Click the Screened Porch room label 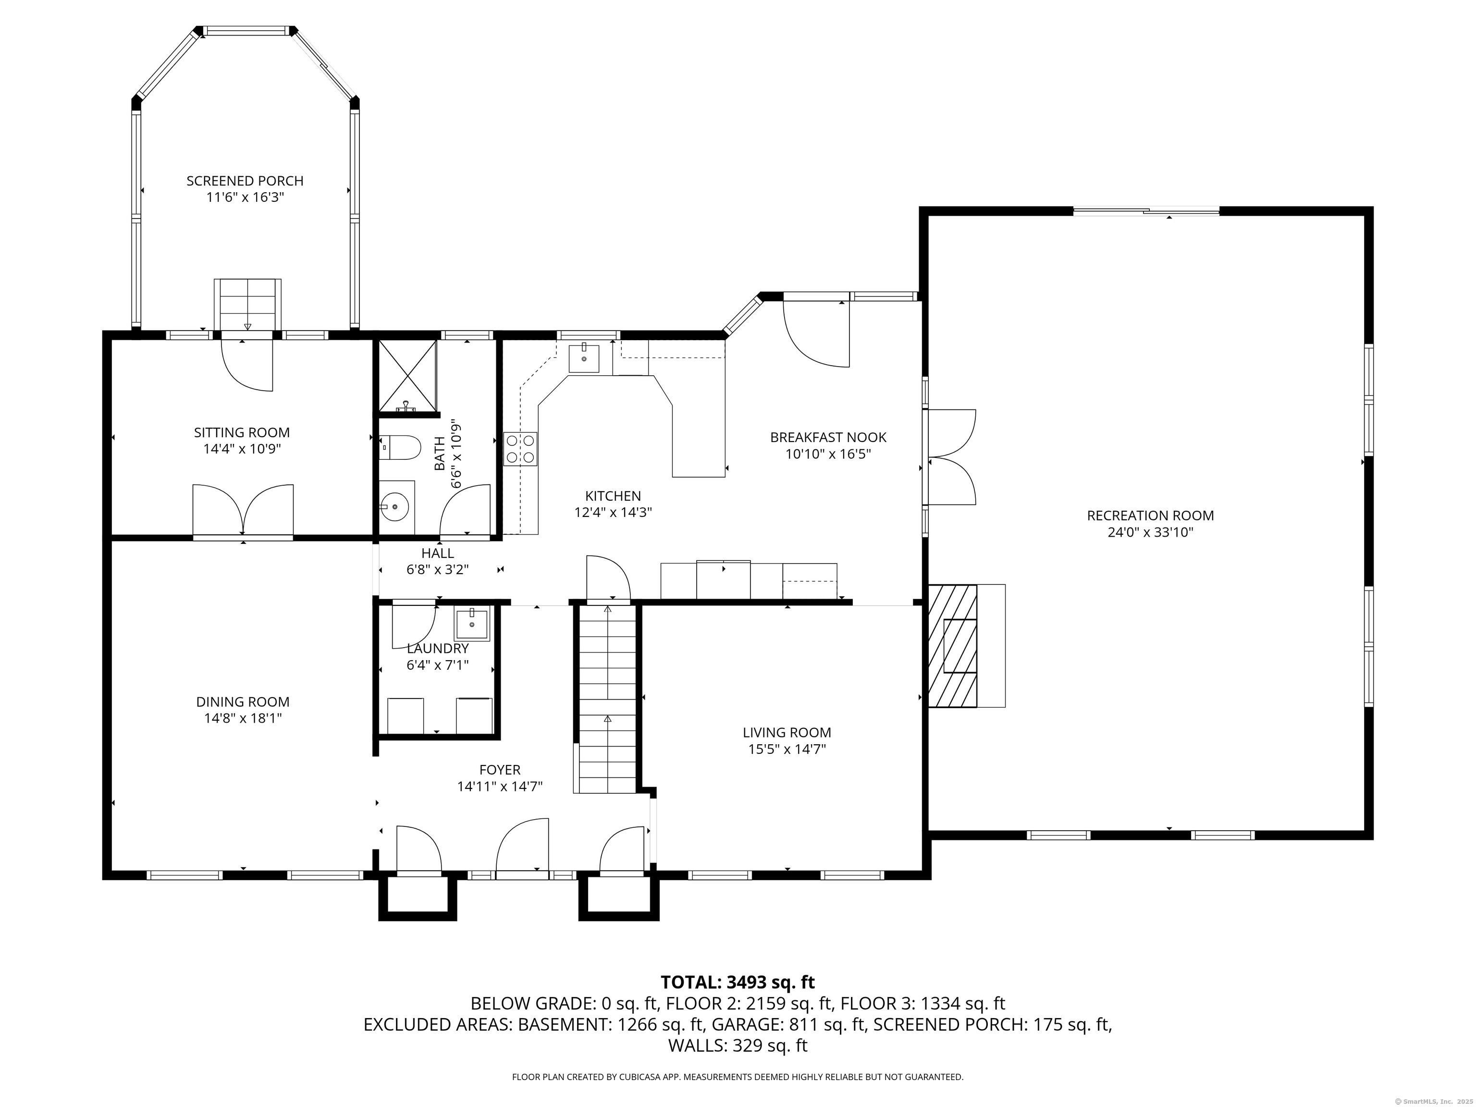245,181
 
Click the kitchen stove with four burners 520,448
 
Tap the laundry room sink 472,625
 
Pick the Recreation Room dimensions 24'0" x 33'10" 1150,532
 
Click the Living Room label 787,733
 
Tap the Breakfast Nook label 828,437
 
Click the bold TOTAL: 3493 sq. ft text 738,982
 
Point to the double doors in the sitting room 243,510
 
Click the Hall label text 438,553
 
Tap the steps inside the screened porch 247,305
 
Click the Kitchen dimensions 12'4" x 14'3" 613,513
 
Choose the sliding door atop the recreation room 1146,211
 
